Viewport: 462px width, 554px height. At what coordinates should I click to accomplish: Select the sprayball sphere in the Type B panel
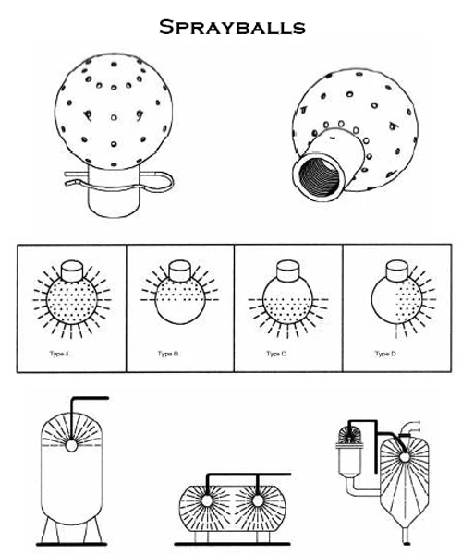point(177,301)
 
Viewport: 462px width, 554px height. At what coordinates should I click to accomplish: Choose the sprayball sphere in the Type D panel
point(395,301)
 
